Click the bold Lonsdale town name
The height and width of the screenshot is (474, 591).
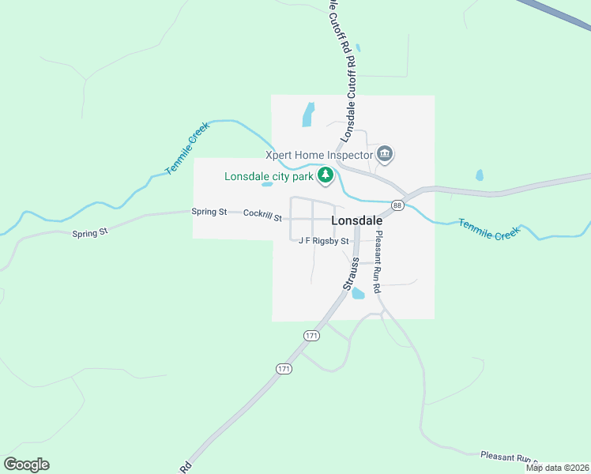coord(357,221)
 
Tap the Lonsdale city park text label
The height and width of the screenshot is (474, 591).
coord(269,176)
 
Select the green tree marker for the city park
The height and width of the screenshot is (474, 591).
coord(325,175)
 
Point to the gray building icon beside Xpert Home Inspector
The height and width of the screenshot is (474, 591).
coord(385,153)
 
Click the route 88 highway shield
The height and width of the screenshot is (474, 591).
coord(397,205)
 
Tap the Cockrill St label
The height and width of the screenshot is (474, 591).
coord(262,213)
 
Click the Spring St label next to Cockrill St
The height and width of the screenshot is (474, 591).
coord(209,212)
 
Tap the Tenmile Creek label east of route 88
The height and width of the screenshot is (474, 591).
coord(489,230)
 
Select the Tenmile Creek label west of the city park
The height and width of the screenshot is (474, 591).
coord(185,152)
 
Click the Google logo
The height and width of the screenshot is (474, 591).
coord(26,465)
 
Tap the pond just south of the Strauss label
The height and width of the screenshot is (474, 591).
coord(358,294)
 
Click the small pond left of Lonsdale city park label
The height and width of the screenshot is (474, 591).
coord(267,185)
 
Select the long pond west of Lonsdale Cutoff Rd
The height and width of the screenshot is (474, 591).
coord(308,115)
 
